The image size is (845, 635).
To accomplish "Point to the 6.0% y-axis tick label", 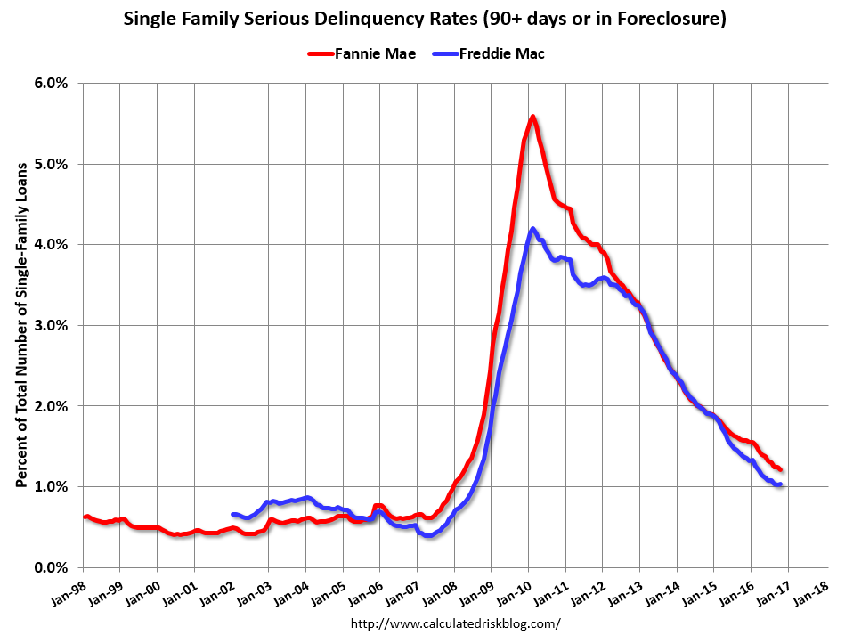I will coord(50,83).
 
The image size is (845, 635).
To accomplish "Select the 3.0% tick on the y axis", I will coord(50,325).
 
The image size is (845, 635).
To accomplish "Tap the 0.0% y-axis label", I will coord(50,567).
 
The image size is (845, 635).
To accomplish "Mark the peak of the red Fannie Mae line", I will coord(532,117).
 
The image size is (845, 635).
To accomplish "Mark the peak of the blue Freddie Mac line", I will coord(533,229).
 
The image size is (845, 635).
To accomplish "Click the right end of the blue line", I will coord(780,484).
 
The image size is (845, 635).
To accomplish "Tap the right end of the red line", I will coord(780,469).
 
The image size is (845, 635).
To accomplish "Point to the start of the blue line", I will coord(232,514).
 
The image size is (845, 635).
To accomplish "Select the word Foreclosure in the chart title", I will coord(669,18).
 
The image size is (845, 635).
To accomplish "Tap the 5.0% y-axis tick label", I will coord(50,164).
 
